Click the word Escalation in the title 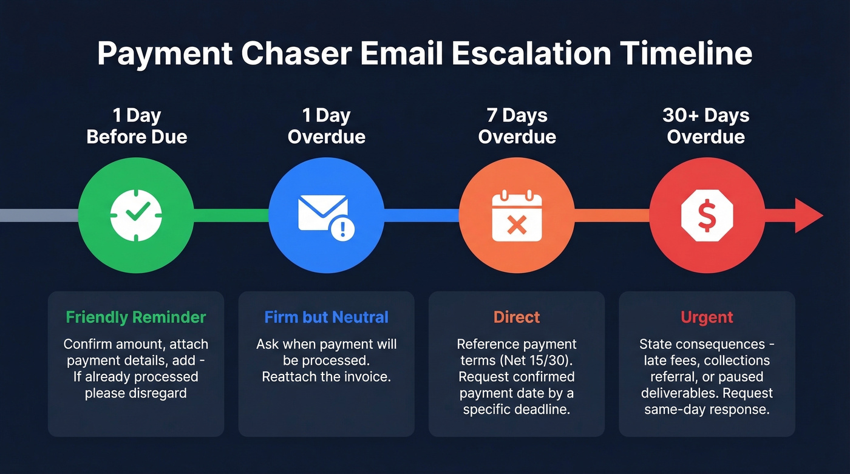531,53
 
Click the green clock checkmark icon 137,215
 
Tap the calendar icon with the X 516,215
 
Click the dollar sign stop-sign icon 707,215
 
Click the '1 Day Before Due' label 137,126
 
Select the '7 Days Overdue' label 517,126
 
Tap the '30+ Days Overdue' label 706,126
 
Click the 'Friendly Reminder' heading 136,317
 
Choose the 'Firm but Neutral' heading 327,317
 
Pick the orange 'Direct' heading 517,317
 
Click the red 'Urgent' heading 707,317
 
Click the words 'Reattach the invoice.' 326,377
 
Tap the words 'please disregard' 136,393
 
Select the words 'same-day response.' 707,410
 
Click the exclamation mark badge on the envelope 343,228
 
